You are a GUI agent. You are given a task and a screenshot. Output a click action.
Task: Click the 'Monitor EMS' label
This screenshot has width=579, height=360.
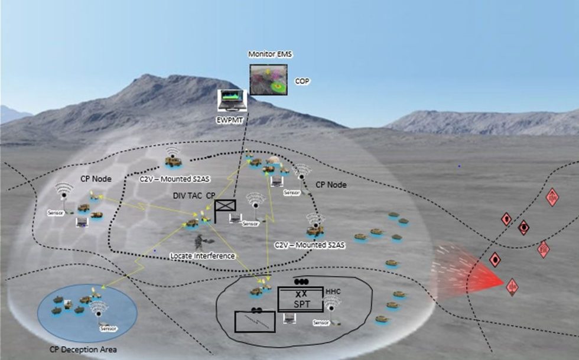(271, 54)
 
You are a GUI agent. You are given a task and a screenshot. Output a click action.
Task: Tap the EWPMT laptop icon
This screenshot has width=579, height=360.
(232, 100)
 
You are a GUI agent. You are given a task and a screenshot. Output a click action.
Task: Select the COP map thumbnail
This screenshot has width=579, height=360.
(268, 79)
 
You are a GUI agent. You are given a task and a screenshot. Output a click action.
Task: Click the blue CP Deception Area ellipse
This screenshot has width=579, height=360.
(87, 310)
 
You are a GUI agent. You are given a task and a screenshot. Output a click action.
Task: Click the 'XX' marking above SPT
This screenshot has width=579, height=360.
(301, 293)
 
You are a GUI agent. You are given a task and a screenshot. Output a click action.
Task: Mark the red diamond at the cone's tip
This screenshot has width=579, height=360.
(512, 287)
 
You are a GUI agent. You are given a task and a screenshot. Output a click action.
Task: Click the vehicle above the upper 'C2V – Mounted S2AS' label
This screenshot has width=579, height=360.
(173, 160)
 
